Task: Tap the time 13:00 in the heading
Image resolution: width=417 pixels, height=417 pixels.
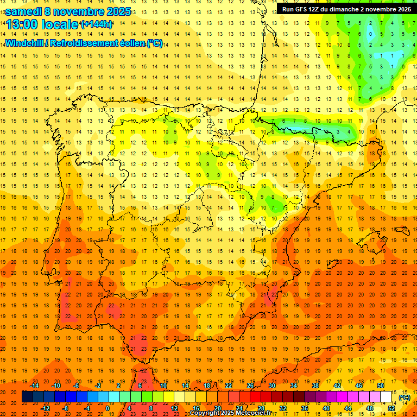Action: (x=21, y=24)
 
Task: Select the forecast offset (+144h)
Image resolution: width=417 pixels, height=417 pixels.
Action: (x=96, y=24)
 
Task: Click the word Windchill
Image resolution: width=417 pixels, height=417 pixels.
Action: (x=24, y=43)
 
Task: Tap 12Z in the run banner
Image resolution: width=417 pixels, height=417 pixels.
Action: (x=317, y=9)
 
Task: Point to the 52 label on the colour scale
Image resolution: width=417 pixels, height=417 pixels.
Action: (x=391, y=408)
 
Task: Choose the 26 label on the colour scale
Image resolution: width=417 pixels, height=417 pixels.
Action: (x=250, y=386)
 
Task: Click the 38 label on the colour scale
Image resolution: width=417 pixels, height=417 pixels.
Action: (x=315, y=386)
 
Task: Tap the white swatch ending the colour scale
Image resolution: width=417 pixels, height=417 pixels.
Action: (x=386, y=397)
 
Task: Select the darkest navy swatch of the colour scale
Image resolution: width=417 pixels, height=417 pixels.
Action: (x=27, y=397)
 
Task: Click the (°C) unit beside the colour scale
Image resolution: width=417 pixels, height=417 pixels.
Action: (x=404, y=397)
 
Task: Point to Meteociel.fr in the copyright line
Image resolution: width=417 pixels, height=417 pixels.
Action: (x=254, y=413)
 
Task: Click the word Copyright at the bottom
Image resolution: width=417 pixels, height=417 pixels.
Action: (x=206, y=413)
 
